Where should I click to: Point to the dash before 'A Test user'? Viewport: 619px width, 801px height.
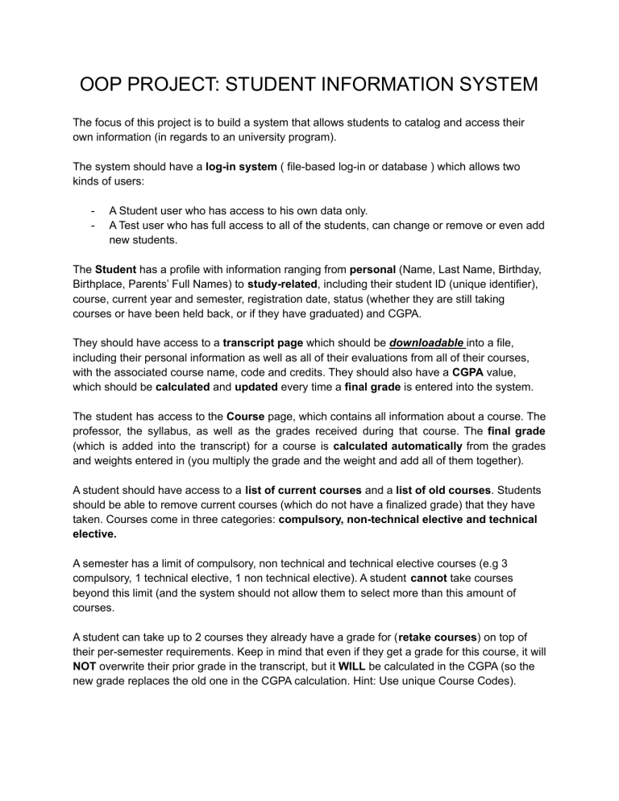96,226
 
